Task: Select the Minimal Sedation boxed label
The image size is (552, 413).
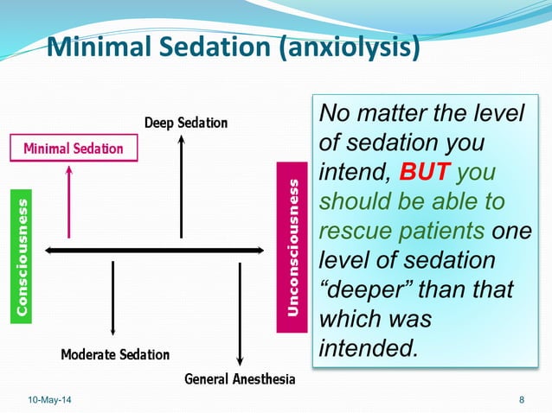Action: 74,149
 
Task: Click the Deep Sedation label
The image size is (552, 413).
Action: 185,123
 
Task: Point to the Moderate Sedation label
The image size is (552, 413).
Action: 115,354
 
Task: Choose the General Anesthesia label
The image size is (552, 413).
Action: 240,379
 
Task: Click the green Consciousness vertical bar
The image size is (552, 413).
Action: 22,256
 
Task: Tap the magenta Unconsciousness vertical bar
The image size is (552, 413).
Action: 292,247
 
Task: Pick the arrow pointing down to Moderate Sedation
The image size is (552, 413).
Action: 113,298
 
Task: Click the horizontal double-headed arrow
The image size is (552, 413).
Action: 154,251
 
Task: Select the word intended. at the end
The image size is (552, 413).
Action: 369,349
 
